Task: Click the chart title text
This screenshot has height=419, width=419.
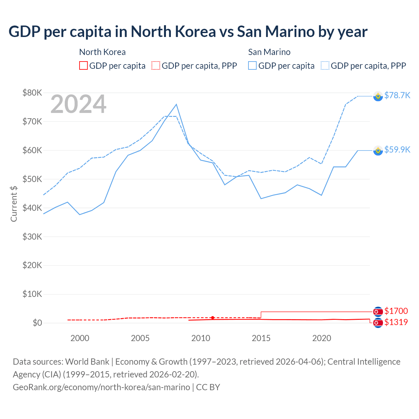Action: coord(188,32)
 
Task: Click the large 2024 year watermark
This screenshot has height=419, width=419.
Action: coord(78,104)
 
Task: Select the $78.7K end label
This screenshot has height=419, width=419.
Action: coord(397,95)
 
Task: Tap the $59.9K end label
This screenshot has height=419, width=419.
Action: coord(397,150)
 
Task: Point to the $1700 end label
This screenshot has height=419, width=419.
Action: coord(396,311)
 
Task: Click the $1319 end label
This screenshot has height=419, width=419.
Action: coord(396,322)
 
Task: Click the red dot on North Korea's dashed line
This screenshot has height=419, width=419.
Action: coord(213,318)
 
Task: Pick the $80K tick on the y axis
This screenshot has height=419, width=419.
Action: coord(32,93)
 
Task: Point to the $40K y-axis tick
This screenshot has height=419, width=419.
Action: coord(32,208)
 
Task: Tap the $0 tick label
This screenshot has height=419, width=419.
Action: coord(37,323)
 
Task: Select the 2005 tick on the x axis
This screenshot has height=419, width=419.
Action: coord(140,338)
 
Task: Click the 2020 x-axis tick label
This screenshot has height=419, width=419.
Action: coord(321,338)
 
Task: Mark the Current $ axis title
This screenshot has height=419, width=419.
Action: coord(14,204)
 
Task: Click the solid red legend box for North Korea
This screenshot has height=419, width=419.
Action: coord(83,66)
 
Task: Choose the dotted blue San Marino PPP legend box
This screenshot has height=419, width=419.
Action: coord(325,66)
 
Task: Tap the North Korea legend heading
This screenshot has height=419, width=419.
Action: coord(102,52)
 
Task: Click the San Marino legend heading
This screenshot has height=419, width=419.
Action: coord(269,52)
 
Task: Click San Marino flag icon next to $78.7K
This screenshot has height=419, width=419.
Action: coord(378,96)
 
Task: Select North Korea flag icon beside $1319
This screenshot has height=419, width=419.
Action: coord(378,323)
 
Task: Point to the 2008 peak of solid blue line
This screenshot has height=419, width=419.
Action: coord(176,104)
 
